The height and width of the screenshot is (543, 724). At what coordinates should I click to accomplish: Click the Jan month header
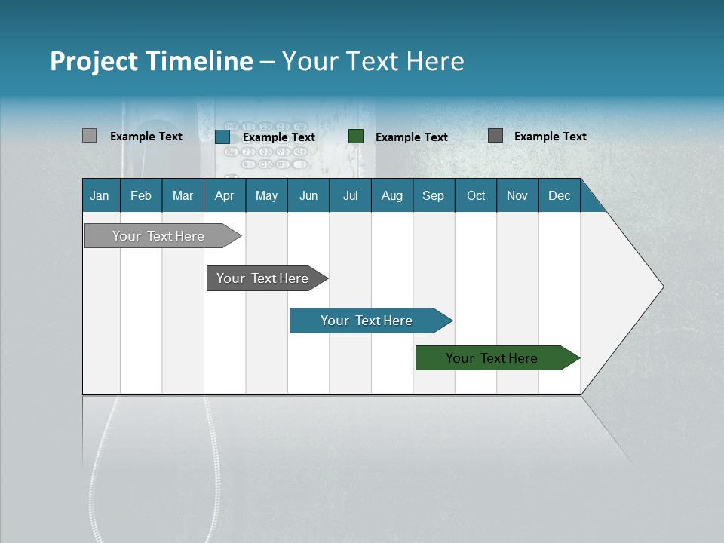100,195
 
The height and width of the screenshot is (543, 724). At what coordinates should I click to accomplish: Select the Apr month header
225,195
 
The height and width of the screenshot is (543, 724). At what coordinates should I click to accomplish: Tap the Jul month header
350,195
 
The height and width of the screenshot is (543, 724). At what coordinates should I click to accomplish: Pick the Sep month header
433,195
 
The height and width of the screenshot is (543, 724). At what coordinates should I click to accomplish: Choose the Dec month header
559,195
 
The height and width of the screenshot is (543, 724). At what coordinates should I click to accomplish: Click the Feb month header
141,195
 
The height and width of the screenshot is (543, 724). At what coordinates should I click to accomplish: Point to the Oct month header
476,195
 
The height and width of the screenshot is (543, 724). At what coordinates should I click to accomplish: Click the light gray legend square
89,136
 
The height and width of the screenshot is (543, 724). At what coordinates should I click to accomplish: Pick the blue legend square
222,137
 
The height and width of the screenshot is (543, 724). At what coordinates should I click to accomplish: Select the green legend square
356,137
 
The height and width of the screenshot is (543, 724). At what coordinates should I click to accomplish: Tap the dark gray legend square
495,136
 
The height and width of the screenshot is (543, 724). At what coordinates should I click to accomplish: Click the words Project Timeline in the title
151,61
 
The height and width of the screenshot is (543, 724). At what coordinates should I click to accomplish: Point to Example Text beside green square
412,137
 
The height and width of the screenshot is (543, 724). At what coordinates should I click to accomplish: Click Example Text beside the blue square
279,137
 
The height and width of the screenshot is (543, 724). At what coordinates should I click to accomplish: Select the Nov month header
517,195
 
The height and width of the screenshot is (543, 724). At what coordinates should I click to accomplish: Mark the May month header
266,195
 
